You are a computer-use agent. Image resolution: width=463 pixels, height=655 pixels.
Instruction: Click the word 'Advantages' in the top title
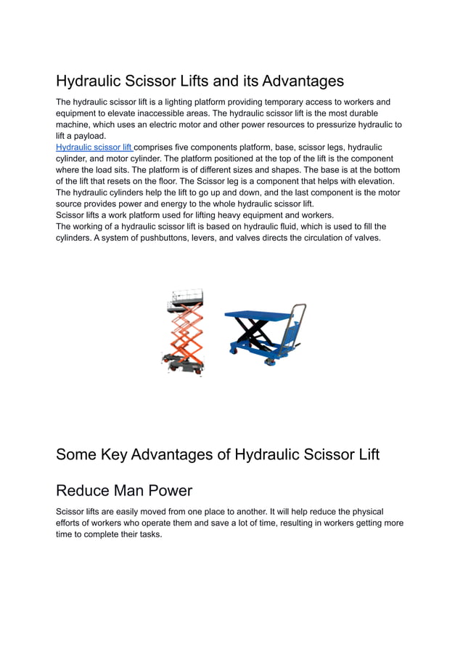click(x=303, y=80)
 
